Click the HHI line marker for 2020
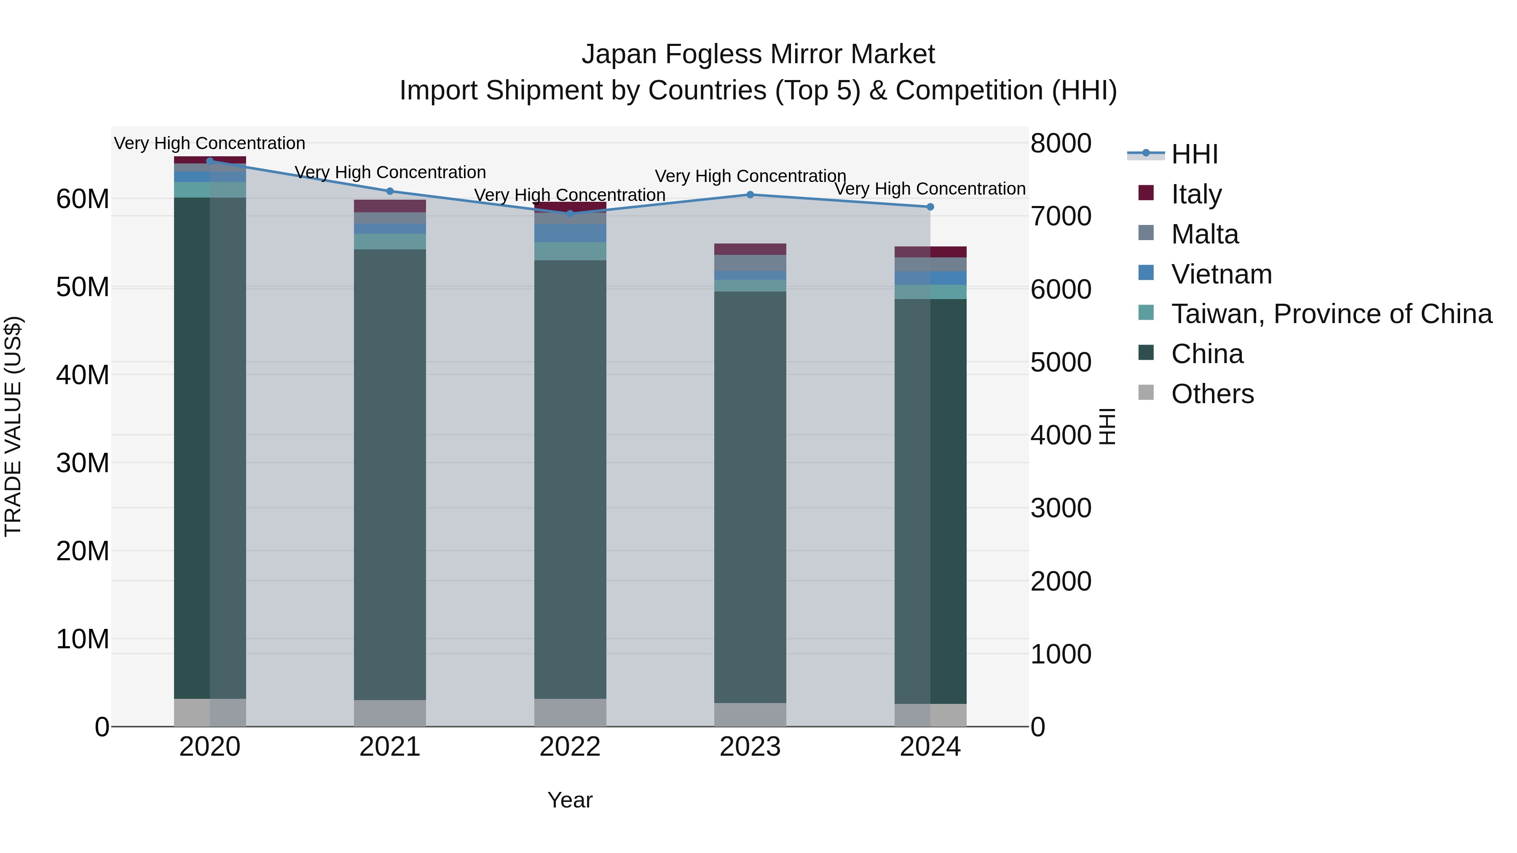click(x=210, y=161)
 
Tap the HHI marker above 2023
click(x=750, y=195)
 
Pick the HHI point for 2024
click(x=930, y=207)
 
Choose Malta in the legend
click(x=1204, y=234)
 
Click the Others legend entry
click(x=1212, y=394)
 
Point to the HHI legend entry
click(x=1194, y=154)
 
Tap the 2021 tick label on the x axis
click(x=390, y=747)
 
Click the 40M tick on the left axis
click(x=83, y=375)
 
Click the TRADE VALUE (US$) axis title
click(x=13, y=426)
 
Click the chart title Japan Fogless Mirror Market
click(x=758, y=54)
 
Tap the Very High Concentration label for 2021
click(x=390, y=172)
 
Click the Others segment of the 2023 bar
click(x=750, y=715)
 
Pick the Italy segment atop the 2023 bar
click(x=750, y=249)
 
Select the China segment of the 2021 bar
click(x=390, y=474)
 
